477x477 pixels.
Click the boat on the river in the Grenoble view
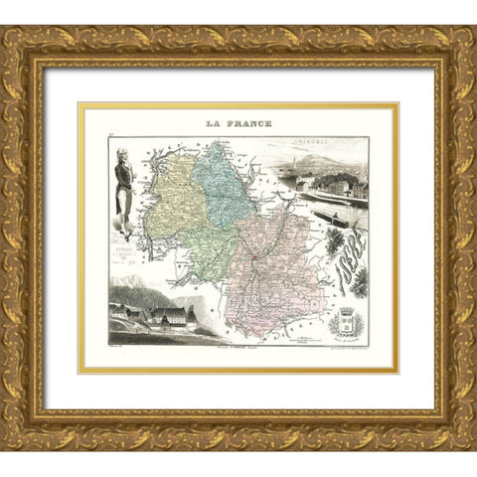pyautogui.click(x=328, y=213)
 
